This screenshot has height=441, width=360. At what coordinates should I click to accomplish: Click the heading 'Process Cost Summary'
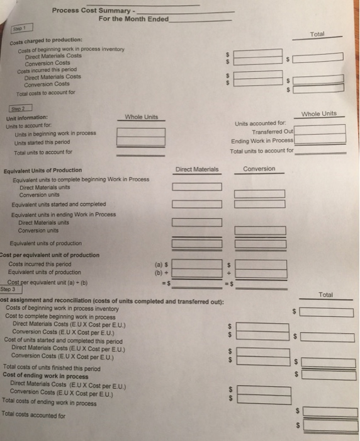pos(91,10)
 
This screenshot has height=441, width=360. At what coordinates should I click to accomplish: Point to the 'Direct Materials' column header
pos(197,169)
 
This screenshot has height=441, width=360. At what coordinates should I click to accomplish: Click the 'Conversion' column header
pos(259,169)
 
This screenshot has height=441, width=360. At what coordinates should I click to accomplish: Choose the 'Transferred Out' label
pos(273,132)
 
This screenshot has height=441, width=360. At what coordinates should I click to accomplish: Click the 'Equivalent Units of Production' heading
pos(43,170)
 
